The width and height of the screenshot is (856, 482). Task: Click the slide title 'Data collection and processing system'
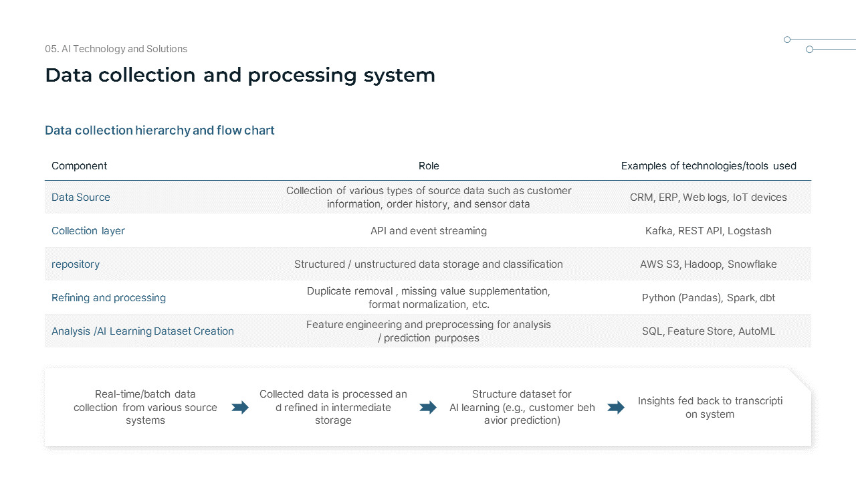[240, 75]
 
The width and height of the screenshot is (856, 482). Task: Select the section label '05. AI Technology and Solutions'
[116, 49]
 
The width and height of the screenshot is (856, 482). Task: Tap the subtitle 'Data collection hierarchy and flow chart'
[160, 131]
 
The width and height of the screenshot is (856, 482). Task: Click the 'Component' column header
[79, 166]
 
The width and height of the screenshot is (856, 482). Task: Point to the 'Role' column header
[429, 166]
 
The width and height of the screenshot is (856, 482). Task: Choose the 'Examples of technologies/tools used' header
[708, 166]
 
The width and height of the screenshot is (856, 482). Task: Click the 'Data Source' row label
[81, 197]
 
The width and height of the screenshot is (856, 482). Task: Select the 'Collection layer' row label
[88, 231]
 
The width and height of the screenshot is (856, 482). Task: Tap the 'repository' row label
[76, 264]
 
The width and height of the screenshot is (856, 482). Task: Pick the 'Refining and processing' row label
[108, 298]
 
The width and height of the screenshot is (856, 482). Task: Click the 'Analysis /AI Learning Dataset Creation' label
[142, 331]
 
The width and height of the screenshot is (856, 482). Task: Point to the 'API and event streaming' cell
[429, 231]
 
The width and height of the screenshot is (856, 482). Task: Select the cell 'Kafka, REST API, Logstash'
[708, 231]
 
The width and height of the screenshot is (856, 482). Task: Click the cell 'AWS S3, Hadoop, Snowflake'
[708, 264]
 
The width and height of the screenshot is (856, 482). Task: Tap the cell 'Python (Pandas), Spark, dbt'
[708, 298]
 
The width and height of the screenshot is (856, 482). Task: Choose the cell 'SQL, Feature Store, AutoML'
[708, 331]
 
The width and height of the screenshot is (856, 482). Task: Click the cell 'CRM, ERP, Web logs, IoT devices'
[708, 197]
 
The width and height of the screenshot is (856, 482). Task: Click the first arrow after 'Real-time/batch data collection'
[240, 408]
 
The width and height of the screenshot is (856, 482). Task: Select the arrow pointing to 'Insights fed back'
[616, 408]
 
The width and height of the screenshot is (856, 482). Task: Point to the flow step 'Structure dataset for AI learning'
[522, 408]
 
